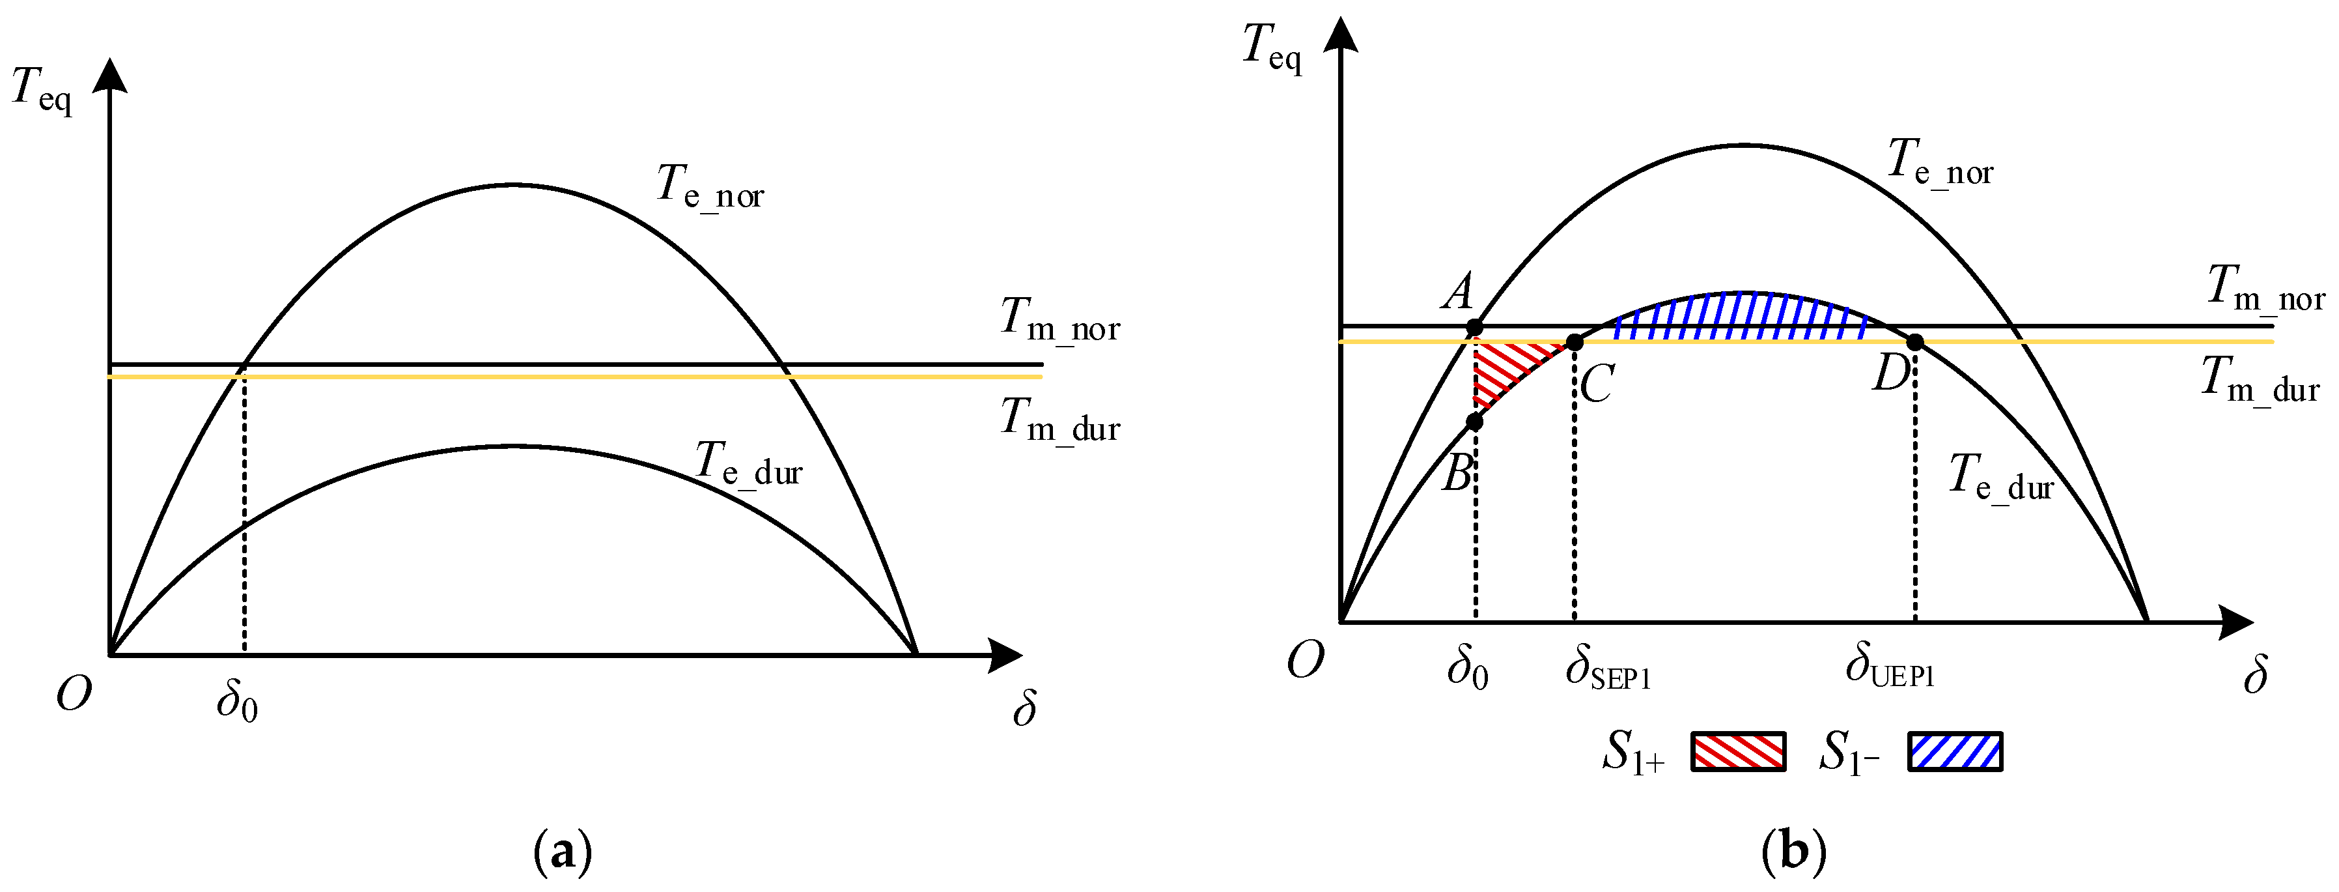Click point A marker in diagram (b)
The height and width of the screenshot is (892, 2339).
tap(1475, 327)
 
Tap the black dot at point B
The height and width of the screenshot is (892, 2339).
tap(1475, 422)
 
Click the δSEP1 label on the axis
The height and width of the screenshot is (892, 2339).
tap(1607, 668)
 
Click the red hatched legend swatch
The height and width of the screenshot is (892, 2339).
tap(1738, 751)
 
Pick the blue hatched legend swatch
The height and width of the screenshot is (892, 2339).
tap(1955, 751)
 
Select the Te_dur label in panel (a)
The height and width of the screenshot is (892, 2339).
tap(748, 464)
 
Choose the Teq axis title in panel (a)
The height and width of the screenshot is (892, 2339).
tap(42, 91)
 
